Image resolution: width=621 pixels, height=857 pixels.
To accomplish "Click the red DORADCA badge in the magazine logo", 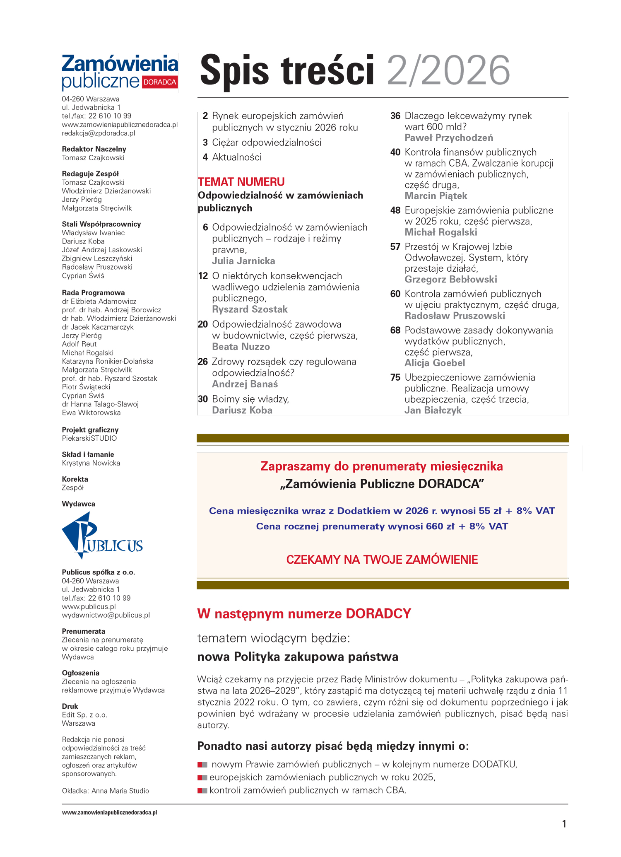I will [160, 82].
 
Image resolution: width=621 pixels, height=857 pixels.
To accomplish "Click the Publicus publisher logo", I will [102, 536].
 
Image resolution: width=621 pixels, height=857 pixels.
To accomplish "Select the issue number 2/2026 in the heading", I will [448, 71].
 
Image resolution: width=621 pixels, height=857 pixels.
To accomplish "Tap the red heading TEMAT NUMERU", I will [241, 182].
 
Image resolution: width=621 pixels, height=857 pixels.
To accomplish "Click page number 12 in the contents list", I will [203, 276].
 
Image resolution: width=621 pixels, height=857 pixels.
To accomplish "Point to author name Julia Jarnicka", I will [243, 261].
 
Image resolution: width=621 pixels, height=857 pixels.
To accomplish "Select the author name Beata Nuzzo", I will [241, 347].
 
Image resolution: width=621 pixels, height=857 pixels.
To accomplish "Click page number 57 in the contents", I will [395, 247].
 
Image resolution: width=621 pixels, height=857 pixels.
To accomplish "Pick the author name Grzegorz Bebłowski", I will [450, 279].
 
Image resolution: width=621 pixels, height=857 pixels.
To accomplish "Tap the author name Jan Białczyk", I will [433, 410].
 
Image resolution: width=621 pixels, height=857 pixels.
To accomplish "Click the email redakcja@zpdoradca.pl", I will [99, 133].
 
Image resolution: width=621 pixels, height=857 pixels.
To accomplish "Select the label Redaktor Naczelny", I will [94, 149].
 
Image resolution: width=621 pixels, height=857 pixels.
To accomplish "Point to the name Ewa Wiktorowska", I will [91, 413].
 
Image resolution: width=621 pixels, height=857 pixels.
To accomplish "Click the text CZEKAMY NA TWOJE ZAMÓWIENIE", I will [382, 560].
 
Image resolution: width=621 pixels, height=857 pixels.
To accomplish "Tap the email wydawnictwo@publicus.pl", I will [106, 615].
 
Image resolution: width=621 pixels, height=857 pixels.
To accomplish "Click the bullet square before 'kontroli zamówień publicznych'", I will [202, 790].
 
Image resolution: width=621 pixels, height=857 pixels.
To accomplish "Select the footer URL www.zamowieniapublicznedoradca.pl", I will [109, 813].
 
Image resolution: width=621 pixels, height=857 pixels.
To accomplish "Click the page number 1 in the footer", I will [564, 824].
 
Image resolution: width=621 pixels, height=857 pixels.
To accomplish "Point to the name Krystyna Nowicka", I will [91, 463].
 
